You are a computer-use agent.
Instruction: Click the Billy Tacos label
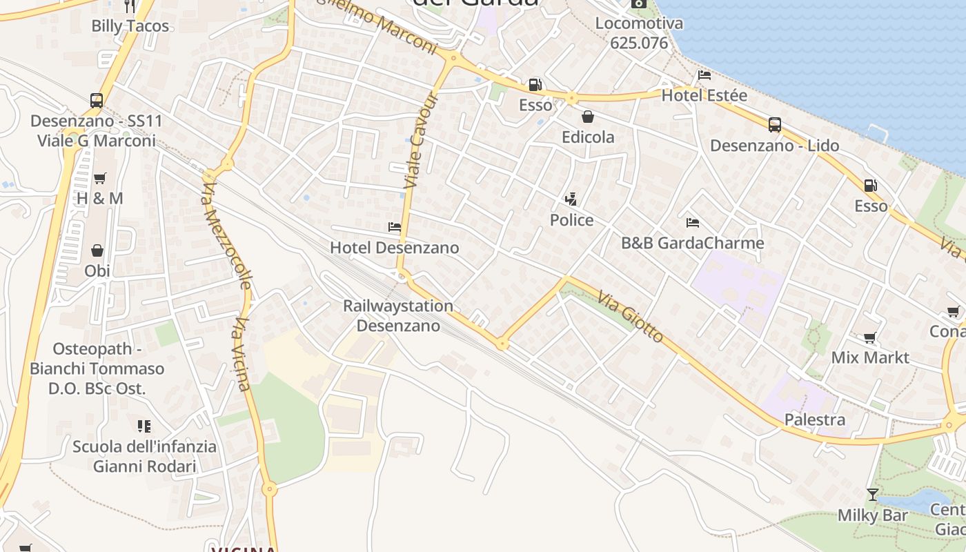coord(130,26)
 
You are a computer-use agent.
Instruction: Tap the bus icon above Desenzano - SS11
coord(97,101)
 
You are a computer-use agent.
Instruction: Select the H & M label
coord(100,199)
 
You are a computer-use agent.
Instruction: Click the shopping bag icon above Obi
coord(97,250)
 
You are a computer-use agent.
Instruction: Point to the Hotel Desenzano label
coord(394,248)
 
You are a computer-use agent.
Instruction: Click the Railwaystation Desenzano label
coord(398,315)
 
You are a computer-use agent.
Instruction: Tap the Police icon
coord(571,200)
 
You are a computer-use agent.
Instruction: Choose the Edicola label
coord(588,137)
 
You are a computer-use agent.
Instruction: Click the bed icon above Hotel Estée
coord(704,75)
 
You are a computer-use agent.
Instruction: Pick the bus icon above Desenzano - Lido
coord(775,125)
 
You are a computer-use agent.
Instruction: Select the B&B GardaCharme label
coord(693,243)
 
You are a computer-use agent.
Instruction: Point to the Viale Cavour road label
coord(422,141)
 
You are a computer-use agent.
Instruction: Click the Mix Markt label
coord(870,357)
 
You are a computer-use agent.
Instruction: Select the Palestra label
coord(815,420)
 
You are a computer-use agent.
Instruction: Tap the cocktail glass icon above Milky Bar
coord(873,495)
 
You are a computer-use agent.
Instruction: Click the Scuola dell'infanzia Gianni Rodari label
coord(145,456)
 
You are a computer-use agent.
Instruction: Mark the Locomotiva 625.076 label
coord(639,33)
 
